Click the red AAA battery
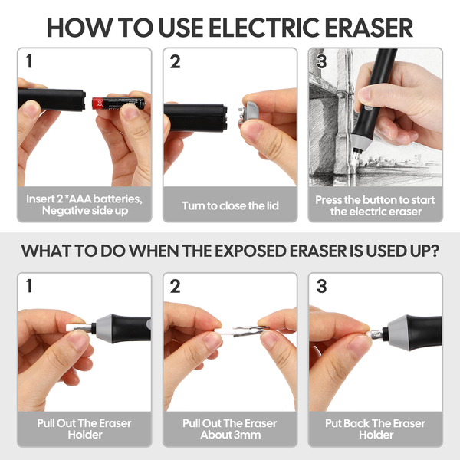point(118,103)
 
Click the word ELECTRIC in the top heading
point(264,28)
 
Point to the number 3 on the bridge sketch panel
point(321,61)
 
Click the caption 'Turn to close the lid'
point(230,205)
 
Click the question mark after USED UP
point(434,251)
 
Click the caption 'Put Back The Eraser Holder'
point(375,429)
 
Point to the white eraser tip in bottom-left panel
point(71,327)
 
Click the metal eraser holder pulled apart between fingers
point(250,330)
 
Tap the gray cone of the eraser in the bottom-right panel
point(397,333)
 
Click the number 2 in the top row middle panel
point(175,62)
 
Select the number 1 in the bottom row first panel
point(29,286)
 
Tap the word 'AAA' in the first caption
point(79,199)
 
